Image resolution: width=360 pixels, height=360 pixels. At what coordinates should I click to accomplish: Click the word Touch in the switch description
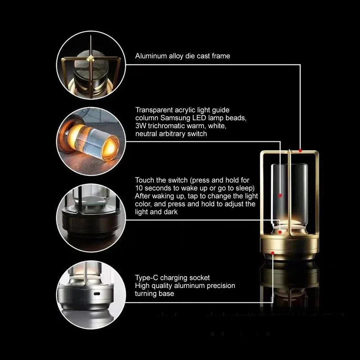tap(144, 180)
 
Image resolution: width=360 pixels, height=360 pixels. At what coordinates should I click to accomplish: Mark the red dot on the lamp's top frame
tap(300, 150)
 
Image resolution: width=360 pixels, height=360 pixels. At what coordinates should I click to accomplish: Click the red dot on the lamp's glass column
tap(280, 196)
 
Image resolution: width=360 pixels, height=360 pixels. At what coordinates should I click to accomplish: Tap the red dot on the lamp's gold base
tap(273, 253)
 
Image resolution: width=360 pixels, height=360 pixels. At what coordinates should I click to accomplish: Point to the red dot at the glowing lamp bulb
tap(280, 232)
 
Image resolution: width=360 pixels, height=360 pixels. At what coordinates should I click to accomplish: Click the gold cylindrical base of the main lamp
tap(290, 247)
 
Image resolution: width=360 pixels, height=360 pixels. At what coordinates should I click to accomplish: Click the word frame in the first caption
tap(220, 56)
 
